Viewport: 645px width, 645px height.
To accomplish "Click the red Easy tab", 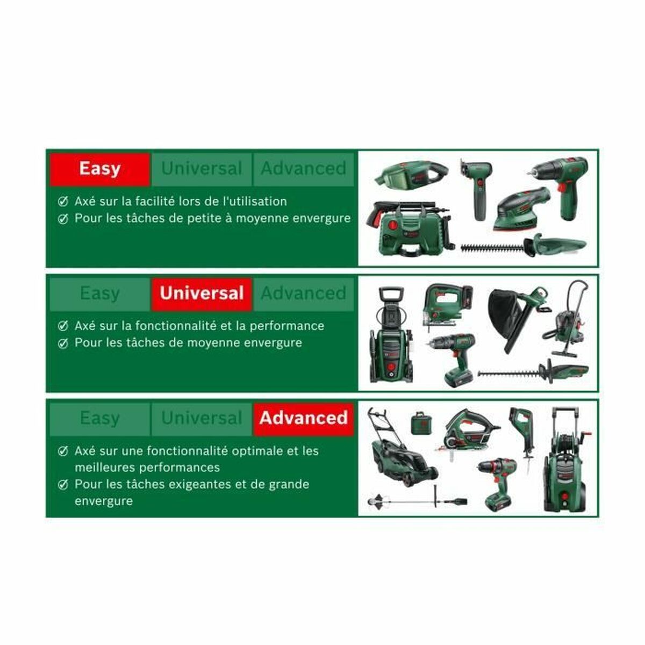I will coord(99,169).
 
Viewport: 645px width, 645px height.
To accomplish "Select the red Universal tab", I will coord(202,293).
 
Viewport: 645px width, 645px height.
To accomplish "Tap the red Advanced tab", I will coord(304,418).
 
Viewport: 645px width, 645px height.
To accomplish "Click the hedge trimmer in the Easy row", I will coord(524,246).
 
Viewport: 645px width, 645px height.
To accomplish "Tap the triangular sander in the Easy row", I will coord(521,207).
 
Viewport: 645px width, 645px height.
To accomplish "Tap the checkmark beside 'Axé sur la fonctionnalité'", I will coord(63,326).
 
